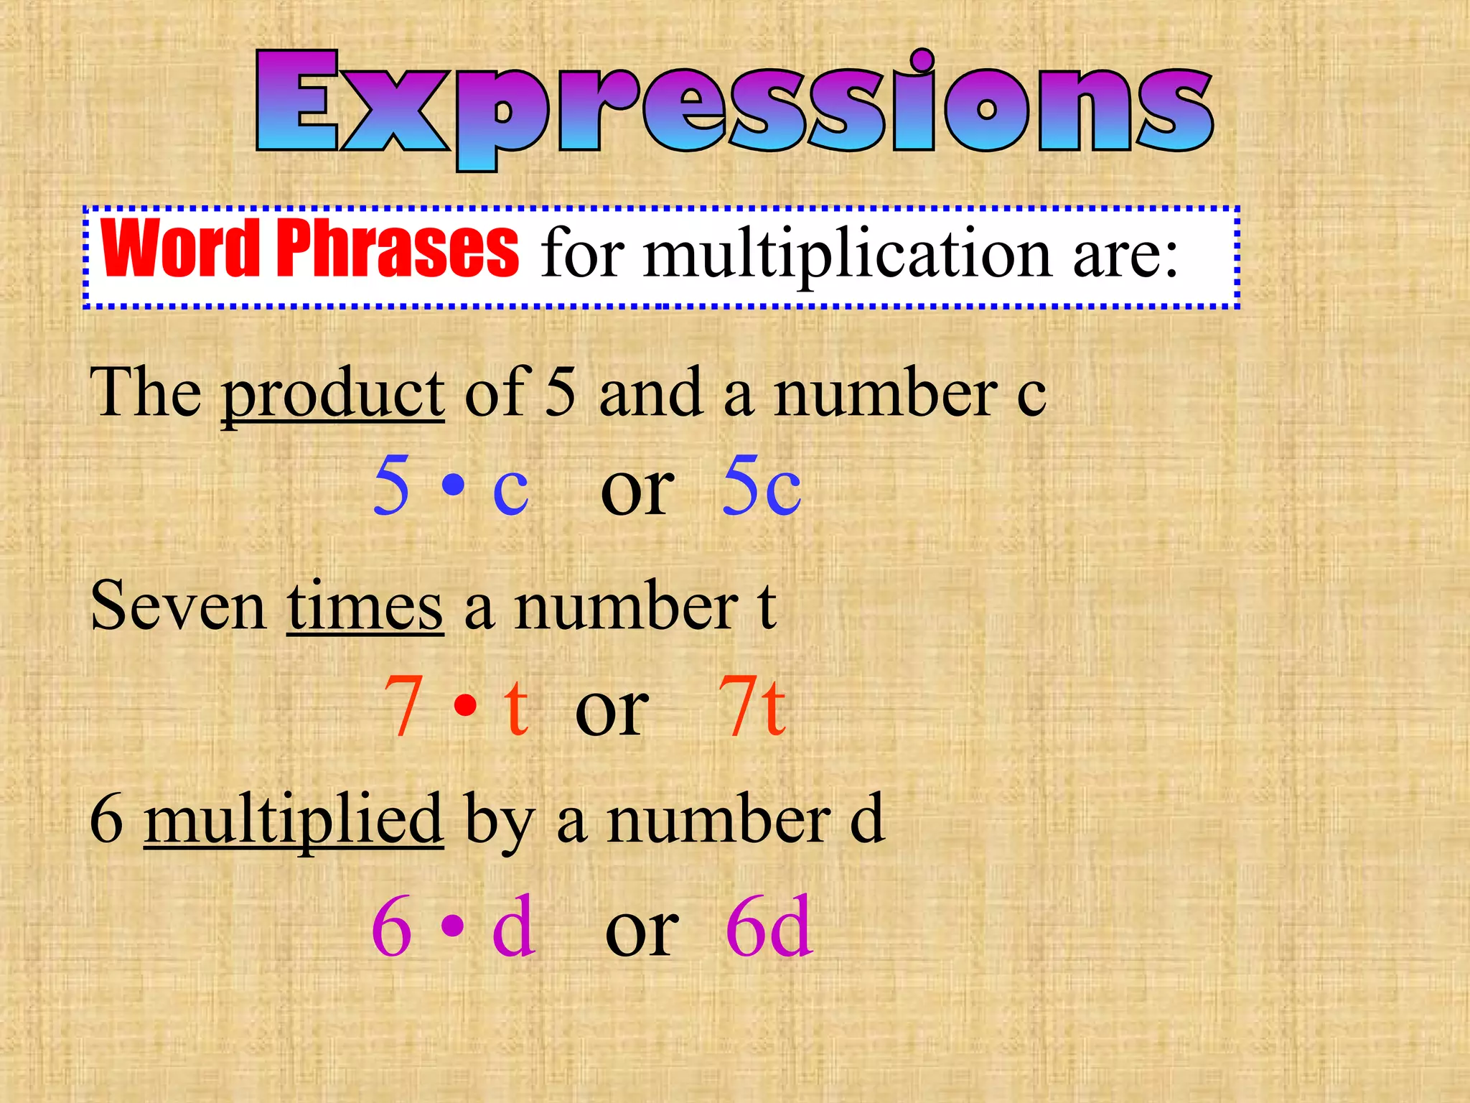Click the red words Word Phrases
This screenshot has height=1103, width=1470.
click(310, 248)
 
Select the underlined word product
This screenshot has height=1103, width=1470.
click(333, 394)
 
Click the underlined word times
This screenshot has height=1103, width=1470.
click(365, 608)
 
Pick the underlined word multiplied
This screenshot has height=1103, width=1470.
click(294, 820)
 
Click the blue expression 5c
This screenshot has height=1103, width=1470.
click(762, 486)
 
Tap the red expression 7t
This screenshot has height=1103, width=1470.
click(752, 707)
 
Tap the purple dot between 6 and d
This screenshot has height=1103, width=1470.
click(452, 926)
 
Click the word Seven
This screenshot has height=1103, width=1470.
click(178, 608)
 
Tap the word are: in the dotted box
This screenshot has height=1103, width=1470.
click(1125, 256)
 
